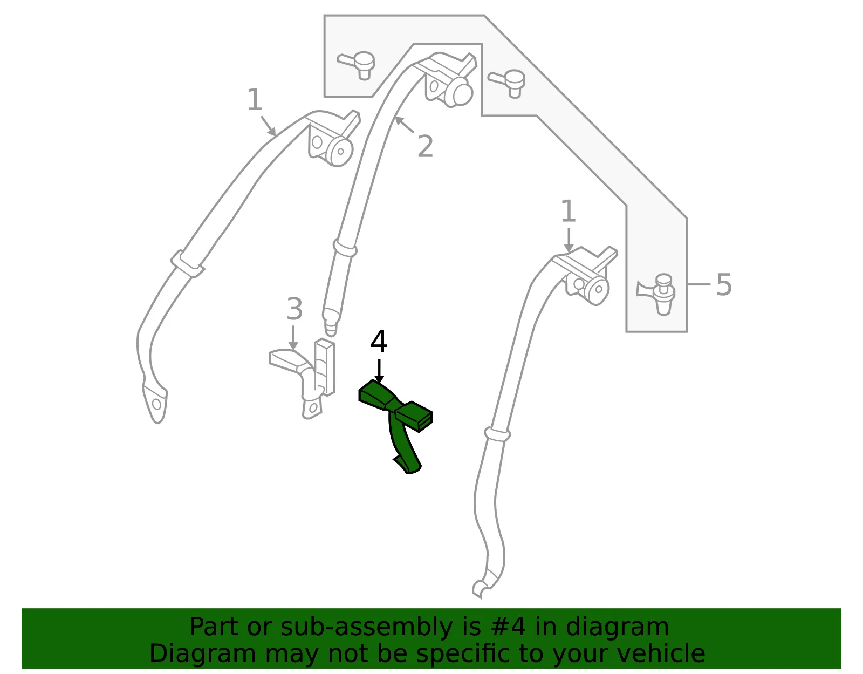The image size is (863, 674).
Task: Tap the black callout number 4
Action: [x=379, y=342]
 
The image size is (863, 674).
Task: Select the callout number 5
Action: [x=724, y=285]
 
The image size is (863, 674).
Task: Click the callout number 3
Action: [x=294, y=309]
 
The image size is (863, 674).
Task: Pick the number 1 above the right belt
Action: [x=569, y=212]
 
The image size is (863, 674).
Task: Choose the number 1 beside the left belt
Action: [x=255, y=100]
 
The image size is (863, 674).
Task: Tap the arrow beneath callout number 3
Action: [x=293, y=338]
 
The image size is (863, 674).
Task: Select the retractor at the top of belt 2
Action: [x=447, y=79]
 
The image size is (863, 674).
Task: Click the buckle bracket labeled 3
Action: [x=303, y=377]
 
